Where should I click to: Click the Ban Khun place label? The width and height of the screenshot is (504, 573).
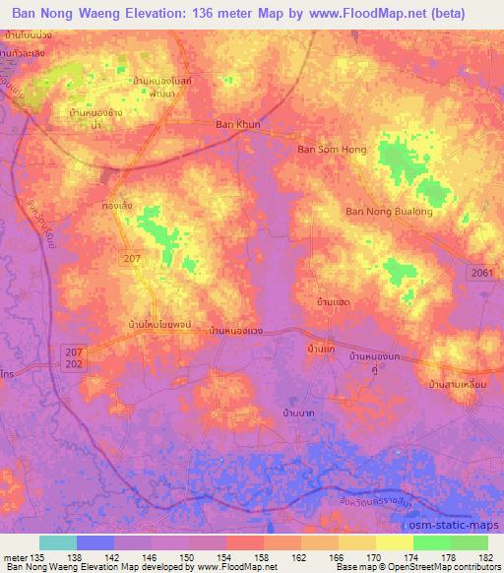click(237, 125)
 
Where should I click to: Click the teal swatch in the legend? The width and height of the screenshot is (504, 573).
click(58, 542)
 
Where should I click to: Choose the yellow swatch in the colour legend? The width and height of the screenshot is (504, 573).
click(394, 542)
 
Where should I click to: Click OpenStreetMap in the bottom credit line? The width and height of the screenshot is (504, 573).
click(449, 568)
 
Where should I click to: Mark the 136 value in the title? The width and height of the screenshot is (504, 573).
click(193, 13)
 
